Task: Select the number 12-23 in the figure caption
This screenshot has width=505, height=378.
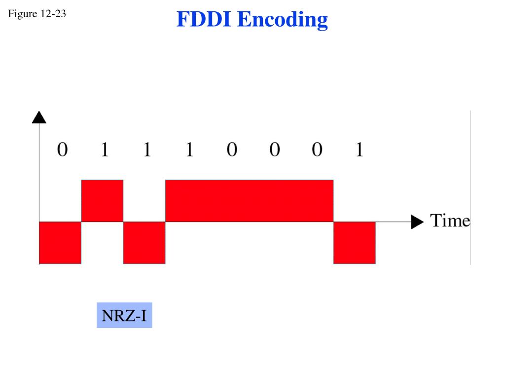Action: click(x=53, y=14)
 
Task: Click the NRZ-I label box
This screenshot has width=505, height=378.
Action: click(x=124, y=315)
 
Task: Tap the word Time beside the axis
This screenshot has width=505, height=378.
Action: click(x=450, y=220)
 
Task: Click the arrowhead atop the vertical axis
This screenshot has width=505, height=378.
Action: click(x=39, y=117)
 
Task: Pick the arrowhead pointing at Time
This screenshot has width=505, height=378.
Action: click(x=417, y=222)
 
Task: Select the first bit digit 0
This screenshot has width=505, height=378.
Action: click(x=62, y=149)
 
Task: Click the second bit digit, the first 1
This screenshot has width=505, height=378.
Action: click(x=105, y=149)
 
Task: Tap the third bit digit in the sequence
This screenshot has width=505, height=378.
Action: click(x=147, y=149)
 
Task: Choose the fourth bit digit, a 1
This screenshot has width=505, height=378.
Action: click(x=189, y=149)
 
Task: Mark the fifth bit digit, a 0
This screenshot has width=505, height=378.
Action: click(x=232, y=149)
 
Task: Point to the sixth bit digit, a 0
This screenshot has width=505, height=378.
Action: click(x=274, y=149)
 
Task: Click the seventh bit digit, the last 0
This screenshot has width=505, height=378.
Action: click(x=317, y=149)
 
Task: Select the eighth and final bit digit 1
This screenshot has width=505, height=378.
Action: click(x=359, y=149)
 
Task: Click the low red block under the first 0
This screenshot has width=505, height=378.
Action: click(x=60, y=243)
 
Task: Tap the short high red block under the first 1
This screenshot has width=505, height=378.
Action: click(x=102, y=201)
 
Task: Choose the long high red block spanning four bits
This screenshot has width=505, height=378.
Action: click(x=249, y=201)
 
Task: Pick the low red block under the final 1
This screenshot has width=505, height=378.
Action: click(x=355, y=243)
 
